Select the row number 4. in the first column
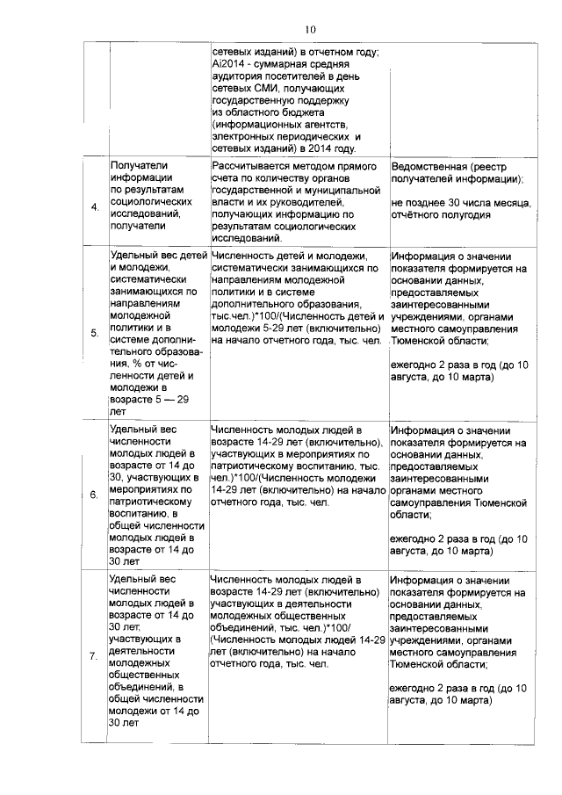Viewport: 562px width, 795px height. pyautogui.click(x=94, y=206)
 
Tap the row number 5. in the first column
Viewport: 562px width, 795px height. pyautogui.click(x=94, y=334)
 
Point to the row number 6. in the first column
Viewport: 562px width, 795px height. pyautogui.click(x=94, y=495)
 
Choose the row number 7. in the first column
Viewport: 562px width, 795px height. pyautogui.click(x=94, y=658)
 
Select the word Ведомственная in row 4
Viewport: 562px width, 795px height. pyautogui.click(x=430, y=167)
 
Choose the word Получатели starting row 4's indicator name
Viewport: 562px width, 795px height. pyautogui.click(x=140, y=165)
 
